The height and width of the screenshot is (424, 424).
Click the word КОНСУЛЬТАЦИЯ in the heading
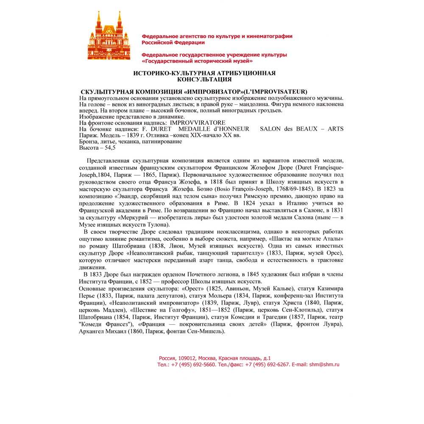coord(204,79)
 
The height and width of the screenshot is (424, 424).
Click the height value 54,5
coord(109,148)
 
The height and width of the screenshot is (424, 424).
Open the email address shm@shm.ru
coord(324,364)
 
